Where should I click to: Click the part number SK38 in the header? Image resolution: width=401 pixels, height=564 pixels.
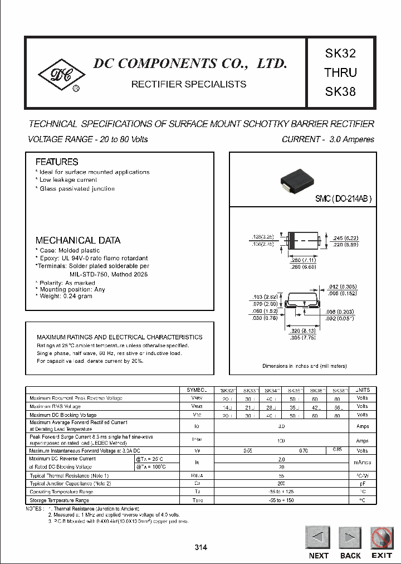coord(340,91)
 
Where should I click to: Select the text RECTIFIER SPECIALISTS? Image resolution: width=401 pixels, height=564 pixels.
coord(188,84)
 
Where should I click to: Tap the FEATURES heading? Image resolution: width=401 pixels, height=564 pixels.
coord(57,162)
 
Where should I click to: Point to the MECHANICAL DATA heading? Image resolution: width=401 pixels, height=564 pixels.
coord(78,240)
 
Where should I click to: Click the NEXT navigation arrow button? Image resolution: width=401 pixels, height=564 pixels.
coord(319,538)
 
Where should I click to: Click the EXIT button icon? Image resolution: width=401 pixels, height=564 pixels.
coord(382,538)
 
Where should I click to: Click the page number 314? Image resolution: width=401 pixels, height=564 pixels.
coord(201,548)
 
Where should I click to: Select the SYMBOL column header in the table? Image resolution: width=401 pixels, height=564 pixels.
coord(197,390)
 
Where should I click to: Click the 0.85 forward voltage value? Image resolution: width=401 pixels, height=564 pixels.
coord(338,450)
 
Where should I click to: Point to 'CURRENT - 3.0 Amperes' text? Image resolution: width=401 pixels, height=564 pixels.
coord(328,139)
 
